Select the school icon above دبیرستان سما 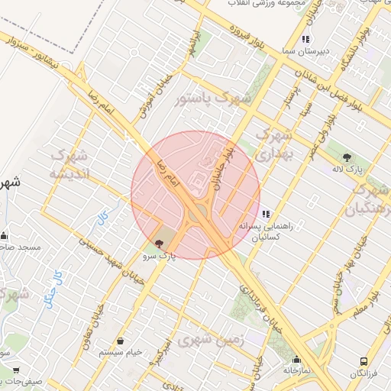click(305, 39)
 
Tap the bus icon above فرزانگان click(364, 361)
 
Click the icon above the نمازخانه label click(296, 360)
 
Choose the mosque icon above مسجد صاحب click(5, 235)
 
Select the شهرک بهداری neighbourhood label click(273, 144)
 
